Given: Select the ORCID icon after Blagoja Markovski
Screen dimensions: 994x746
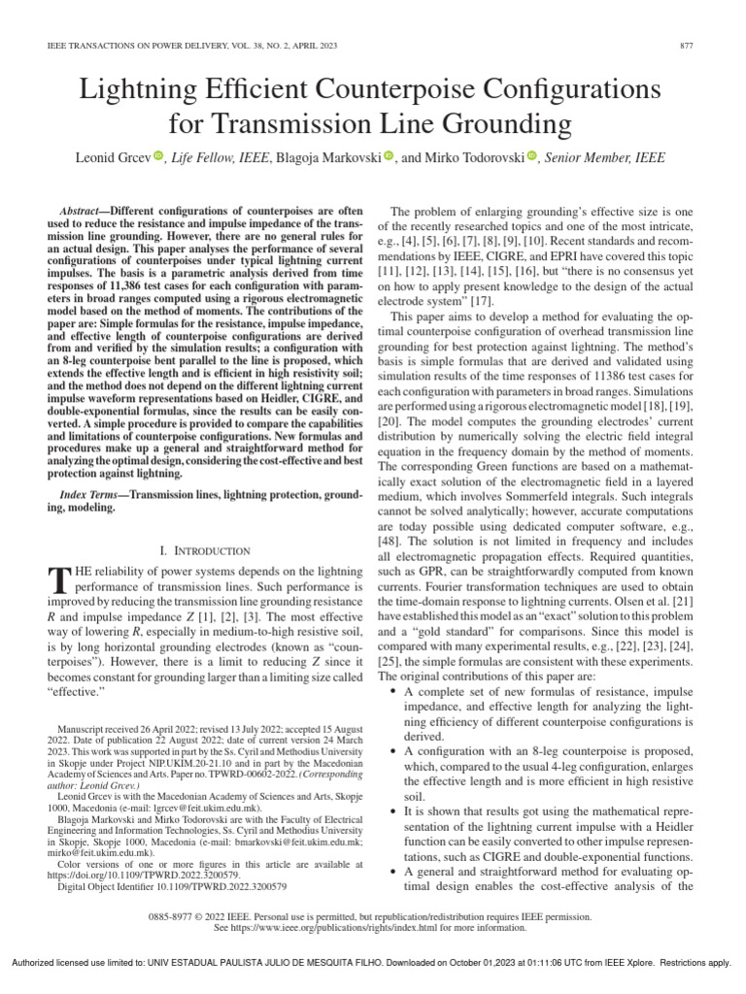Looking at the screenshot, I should point(388,156).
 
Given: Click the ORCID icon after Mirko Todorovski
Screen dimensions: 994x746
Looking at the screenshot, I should point(531,156).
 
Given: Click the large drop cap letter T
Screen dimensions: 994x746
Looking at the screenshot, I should point(57,580).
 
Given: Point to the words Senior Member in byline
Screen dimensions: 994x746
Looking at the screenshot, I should point(583,156).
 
